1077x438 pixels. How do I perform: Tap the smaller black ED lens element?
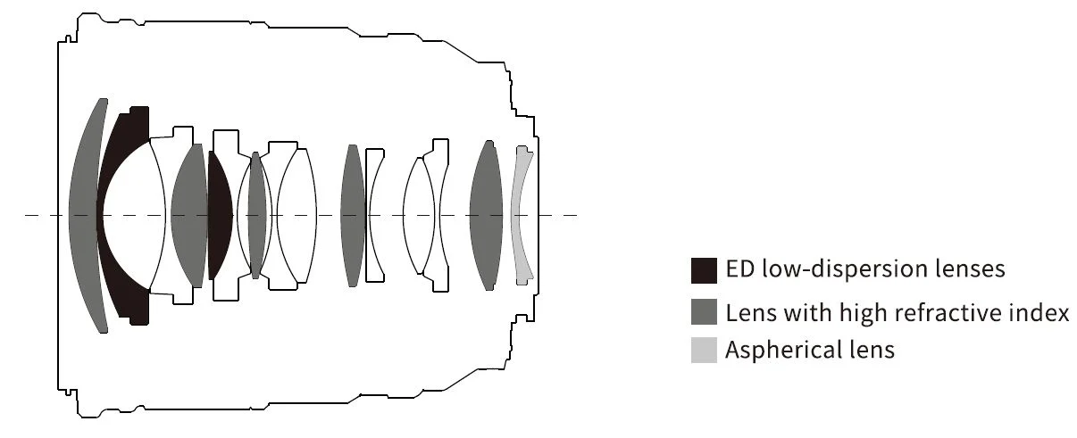pos(219,215)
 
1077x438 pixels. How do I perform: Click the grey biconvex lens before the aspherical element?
pos(487,215)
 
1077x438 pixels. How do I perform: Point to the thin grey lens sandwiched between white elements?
pos(256,215)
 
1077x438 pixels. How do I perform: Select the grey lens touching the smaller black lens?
pos(189,215)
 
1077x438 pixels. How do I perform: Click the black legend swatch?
pos(704,270)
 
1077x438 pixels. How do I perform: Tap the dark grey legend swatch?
pos(704,311)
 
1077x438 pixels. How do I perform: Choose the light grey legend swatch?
pos(704,350)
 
